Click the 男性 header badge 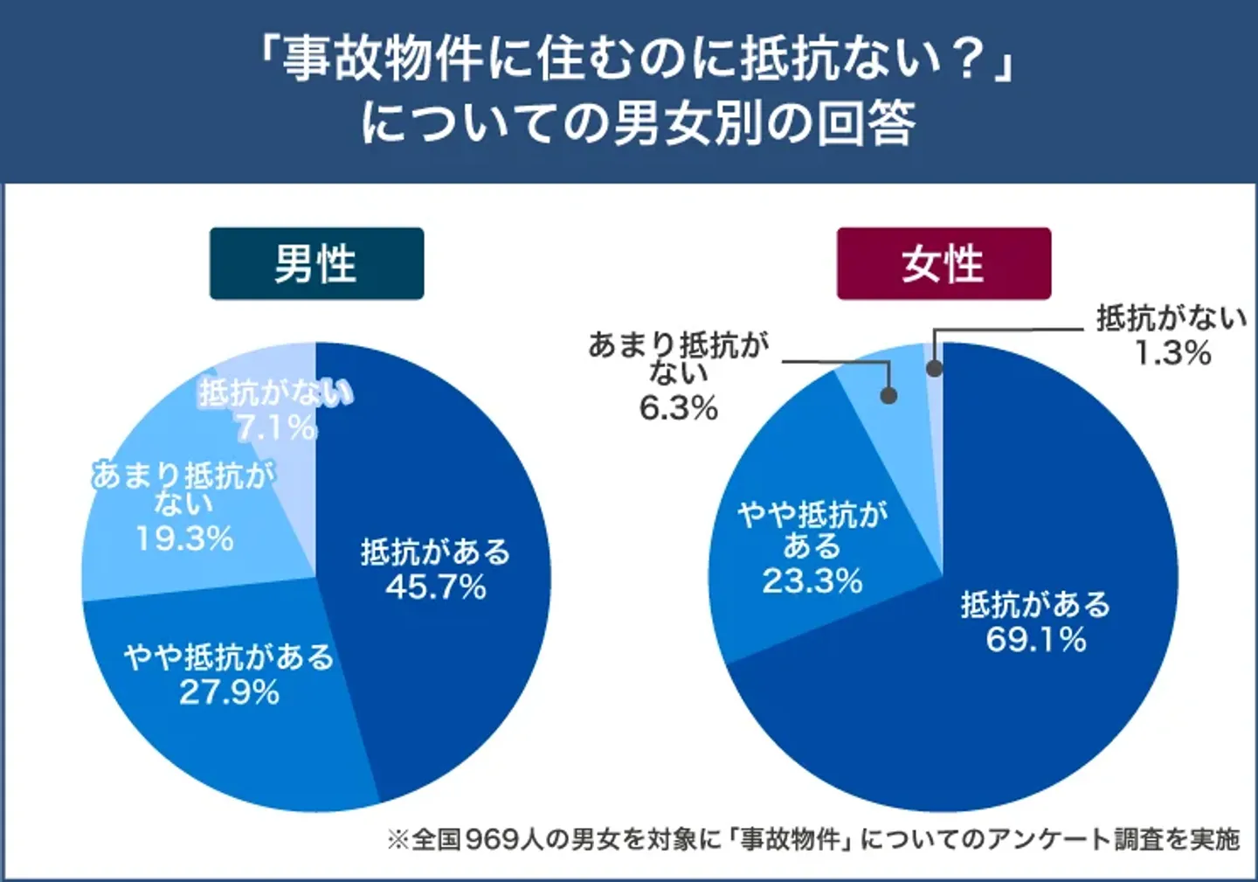click(x=316, y=264)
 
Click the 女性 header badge click(x=943, y=264)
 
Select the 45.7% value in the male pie click(x=436, y=587)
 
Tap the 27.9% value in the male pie click(x=230, y=692)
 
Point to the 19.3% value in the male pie click(x=184, y=538)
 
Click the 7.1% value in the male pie click(x=276, y=428)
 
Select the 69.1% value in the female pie click(x=1036, y=640)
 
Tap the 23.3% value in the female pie click(x=812, y=580)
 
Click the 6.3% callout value click(x=679, y=407)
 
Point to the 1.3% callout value click(x=1172, y=353)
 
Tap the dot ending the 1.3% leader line click(x=934, y=368)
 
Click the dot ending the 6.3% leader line click(x=888, y=395)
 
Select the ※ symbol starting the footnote click(x=397, y=839)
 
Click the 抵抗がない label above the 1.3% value click(x=1172, y=318)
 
